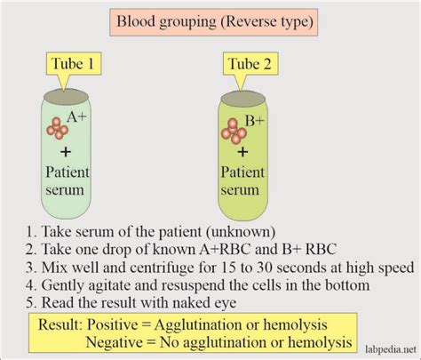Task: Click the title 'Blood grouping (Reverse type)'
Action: coord(214,22)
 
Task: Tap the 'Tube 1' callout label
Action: coord(73,64)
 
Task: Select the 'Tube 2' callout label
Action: coord(250,64)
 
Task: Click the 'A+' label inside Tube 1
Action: coord(76,117)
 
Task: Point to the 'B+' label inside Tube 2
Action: coord(255,121)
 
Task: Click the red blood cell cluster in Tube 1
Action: coord(57,128)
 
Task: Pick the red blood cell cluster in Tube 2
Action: coord(234,132)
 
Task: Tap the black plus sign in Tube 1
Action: coord(66,152)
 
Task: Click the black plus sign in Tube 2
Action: coord(242,152)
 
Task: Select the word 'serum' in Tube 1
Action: coord(65,190)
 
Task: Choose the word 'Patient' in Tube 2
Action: coord(242,172)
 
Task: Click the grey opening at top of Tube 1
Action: coord(66,97)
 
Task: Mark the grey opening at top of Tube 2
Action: coord(243,99)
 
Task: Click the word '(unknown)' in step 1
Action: coord(241,232)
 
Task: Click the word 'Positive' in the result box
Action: coord(112,325)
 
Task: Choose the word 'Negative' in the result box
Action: coord(115,342)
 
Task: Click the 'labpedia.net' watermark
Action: coord(391,349)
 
